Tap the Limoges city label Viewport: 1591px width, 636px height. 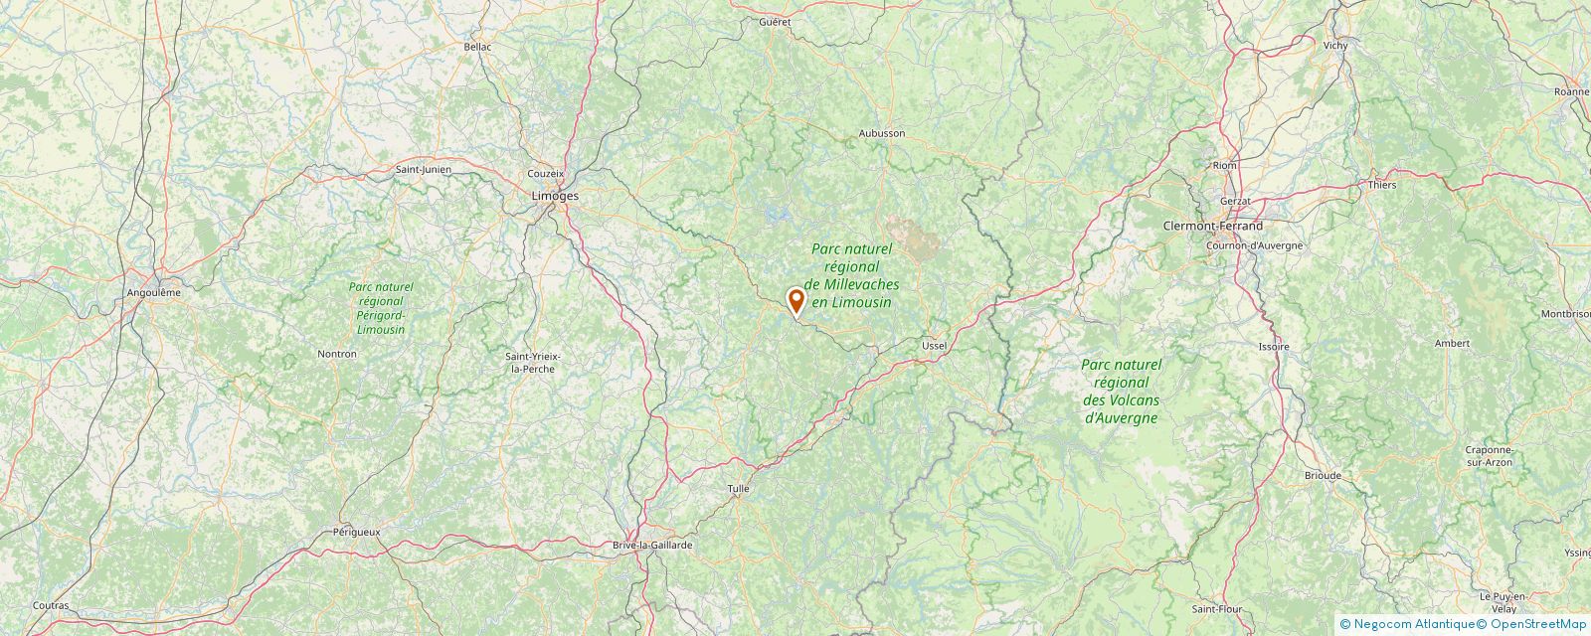point(555,196)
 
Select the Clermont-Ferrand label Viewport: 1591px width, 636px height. point(1213,226)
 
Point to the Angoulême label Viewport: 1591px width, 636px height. point(154,292)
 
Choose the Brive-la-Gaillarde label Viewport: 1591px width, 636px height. point(651,546)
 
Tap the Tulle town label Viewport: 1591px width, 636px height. point(738,489)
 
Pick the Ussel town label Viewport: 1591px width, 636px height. point(934,345)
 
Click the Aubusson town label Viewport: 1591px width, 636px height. point(881,133)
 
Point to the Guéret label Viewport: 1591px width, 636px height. point(774,21)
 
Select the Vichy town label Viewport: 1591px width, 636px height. point(1334,46)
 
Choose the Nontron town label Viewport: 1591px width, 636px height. point(336,354)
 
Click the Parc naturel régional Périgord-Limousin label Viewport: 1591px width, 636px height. point(380,307)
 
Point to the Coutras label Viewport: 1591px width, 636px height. point(51,605)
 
